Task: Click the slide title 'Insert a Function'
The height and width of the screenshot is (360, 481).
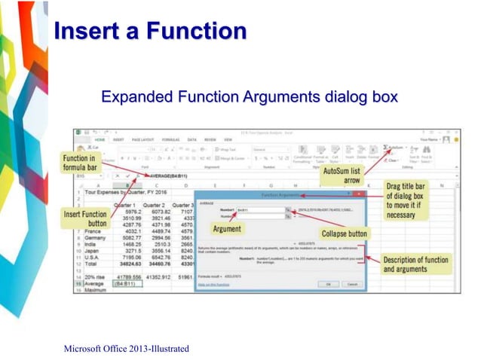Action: pos(152,31)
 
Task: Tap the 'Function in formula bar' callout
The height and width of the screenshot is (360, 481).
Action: pos(79,163)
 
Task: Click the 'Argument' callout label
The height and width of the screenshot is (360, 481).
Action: pos(228,228)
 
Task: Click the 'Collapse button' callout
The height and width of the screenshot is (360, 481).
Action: pos(343,233)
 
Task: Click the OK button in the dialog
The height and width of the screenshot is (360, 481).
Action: pos(327,284)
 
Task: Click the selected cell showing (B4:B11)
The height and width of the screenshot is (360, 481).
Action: pos(124,284)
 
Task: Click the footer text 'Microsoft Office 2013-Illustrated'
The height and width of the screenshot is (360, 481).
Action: pos(127,348)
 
